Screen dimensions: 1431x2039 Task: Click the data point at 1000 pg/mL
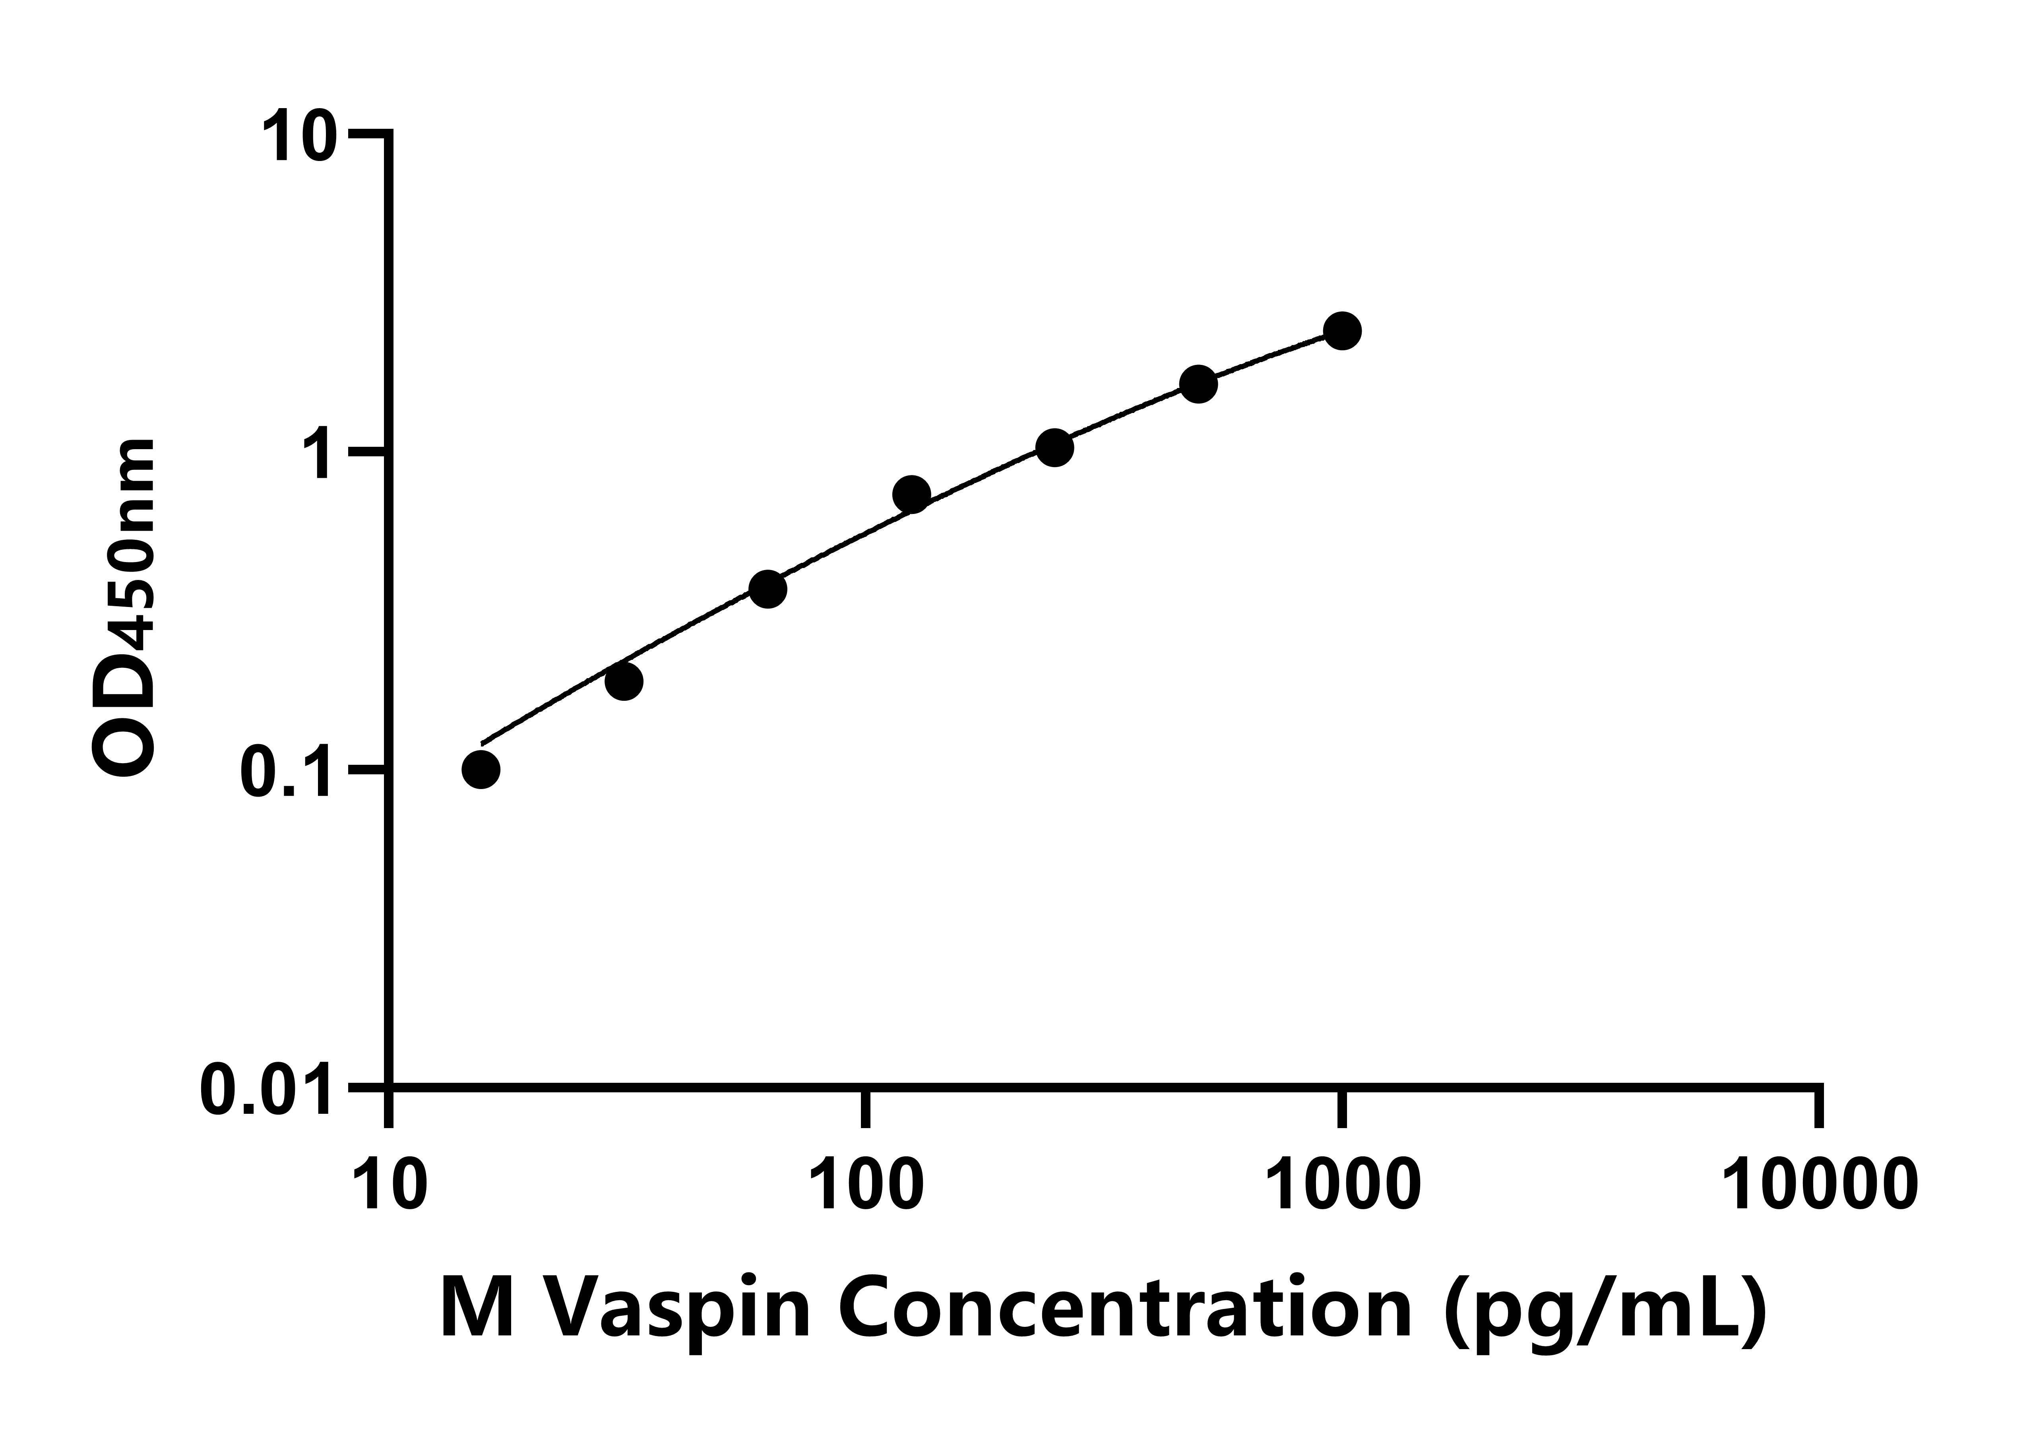(x=1342, y=332)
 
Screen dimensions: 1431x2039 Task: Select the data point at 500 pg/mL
(x=1198, y=384)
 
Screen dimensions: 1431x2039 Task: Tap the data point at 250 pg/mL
(x=1054, y=448)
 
